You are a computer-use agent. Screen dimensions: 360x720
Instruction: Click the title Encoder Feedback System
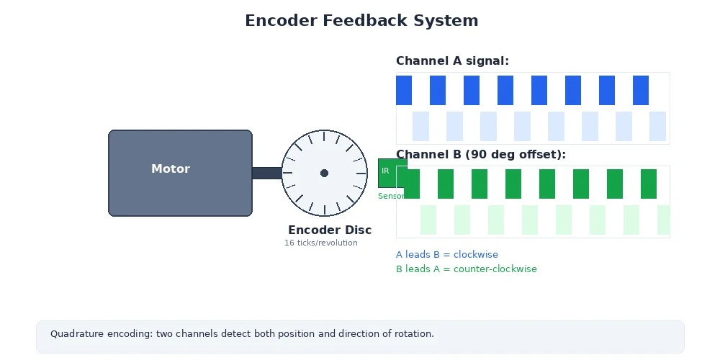tap(361, 20)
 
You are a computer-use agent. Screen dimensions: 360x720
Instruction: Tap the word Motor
tap(171, 169)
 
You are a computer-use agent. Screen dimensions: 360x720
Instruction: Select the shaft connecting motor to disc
tap(266, 173)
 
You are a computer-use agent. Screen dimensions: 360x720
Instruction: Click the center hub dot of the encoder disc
tap(324, 173)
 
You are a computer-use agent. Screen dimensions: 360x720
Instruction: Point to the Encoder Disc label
tap(330, 230)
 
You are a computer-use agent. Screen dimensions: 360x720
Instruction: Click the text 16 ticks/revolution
tap(321, 243)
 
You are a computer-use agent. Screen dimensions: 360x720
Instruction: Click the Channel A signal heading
tap(452, 61)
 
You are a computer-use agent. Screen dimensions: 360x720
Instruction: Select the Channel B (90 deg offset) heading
tap(481, 155)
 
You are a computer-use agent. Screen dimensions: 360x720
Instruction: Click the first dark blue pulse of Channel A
tap(404, 90)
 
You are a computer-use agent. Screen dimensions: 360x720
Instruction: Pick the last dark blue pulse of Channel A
tap(641, 90)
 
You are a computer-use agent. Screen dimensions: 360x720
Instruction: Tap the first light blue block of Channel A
tap(420, 126)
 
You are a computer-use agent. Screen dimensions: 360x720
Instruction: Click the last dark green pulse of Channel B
tap(649, 184)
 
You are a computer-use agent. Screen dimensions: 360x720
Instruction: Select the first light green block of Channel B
tap(428, 220)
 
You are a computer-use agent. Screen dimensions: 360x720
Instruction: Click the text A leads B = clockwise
tap(447, 255)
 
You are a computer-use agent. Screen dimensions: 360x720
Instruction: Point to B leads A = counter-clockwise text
tap(467, 269)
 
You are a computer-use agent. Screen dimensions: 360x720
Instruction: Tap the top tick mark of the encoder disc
tap(324, 135)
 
